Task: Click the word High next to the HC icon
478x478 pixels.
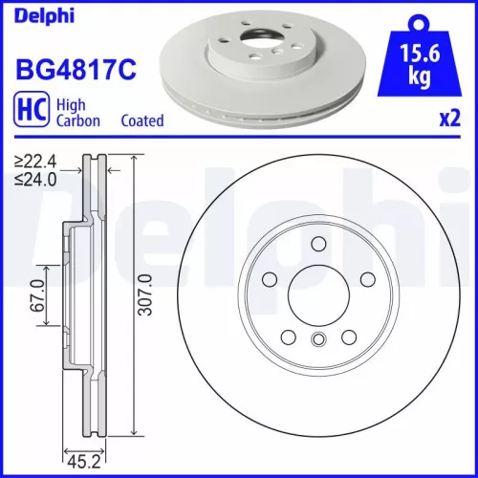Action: [73, 104]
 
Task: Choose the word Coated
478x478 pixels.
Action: [141, 121]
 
